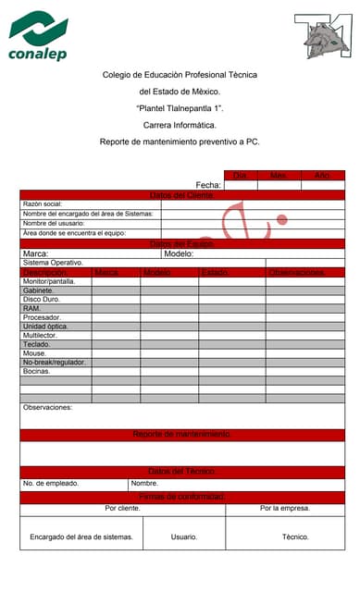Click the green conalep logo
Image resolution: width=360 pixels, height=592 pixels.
pos(38,37)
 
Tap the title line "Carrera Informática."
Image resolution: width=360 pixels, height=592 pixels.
pos(180,125)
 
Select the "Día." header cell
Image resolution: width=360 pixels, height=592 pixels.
pos(240,175)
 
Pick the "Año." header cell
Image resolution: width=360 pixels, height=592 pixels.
pos(323,175)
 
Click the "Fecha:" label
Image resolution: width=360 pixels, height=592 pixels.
pos(207,185)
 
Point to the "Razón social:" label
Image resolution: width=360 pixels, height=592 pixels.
pos(42,203)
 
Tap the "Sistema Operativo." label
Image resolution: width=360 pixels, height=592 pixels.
pos(53,263)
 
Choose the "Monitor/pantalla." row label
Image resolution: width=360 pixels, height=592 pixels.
pos(49,281)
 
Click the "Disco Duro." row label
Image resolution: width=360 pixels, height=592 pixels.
pos(41,300)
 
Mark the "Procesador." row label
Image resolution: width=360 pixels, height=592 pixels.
pos(42,317)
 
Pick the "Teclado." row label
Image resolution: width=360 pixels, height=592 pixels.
pos(37,344)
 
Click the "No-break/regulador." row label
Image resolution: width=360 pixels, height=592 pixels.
pos(55,362)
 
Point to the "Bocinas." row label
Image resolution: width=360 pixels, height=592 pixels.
pos(37,371)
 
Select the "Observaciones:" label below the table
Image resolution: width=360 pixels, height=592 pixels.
pos(47,407)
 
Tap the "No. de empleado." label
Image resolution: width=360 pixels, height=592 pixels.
pos(51,483)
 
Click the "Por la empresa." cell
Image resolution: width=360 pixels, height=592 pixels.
pos(284,509)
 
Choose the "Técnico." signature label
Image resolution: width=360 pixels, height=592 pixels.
pos(295,536)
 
